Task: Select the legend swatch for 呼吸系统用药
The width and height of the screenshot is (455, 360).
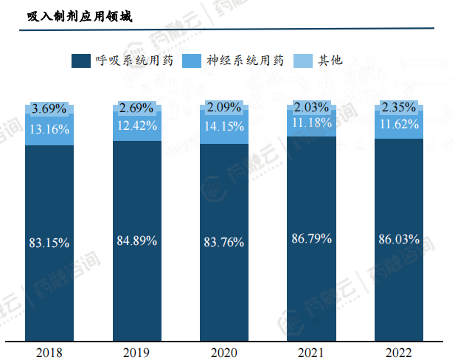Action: (80, 60)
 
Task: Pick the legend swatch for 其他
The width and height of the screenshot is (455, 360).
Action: (302, 60)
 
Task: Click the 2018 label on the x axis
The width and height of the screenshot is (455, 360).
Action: (49, 352)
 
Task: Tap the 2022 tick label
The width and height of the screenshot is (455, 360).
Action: (398, 352)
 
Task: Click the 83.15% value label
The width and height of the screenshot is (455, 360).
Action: (49, 242)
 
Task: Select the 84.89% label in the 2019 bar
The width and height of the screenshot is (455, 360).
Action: (137, 240)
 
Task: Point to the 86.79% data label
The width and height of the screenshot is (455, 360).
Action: (311, 238)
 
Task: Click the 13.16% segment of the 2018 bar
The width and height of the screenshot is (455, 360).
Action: (49, 130)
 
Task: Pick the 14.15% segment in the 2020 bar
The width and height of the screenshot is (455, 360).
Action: (224, 127)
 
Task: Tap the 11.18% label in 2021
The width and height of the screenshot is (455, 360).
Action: (311, 122)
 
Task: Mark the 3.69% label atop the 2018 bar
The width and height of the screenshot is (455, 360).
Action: (49, 109)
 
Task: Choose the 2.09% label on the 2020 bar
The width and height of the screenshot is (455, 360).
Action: (224, 108)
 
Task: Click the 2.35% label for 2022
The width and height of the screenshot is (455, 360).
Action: (398, 108)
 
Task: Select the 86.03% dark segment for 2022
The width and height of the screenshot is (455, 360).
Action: (398, 239)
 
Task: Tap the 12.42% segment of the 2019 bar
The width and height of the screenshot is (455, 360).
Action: (137, 125)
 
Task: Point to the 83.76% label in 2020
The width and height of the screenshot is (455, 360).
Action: (224, 242)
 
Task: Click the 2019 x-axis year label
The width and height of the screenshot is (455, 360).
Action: (137, 352)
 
